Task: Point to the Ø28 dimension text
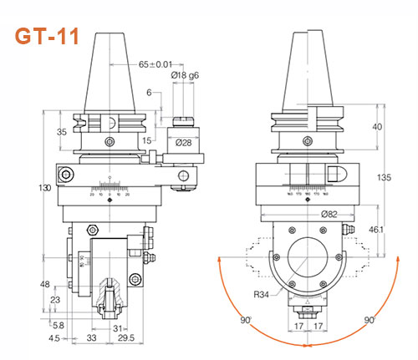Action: click(185, 143)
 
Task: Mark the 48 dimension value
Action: click(45, 283)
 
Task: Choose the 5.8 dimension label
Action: click(58, 324)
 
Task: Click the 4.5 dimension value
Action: click(55, 339)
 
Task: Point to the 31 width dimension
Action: click(117, 327)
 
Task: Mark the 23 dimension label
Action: click(55, 299)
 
